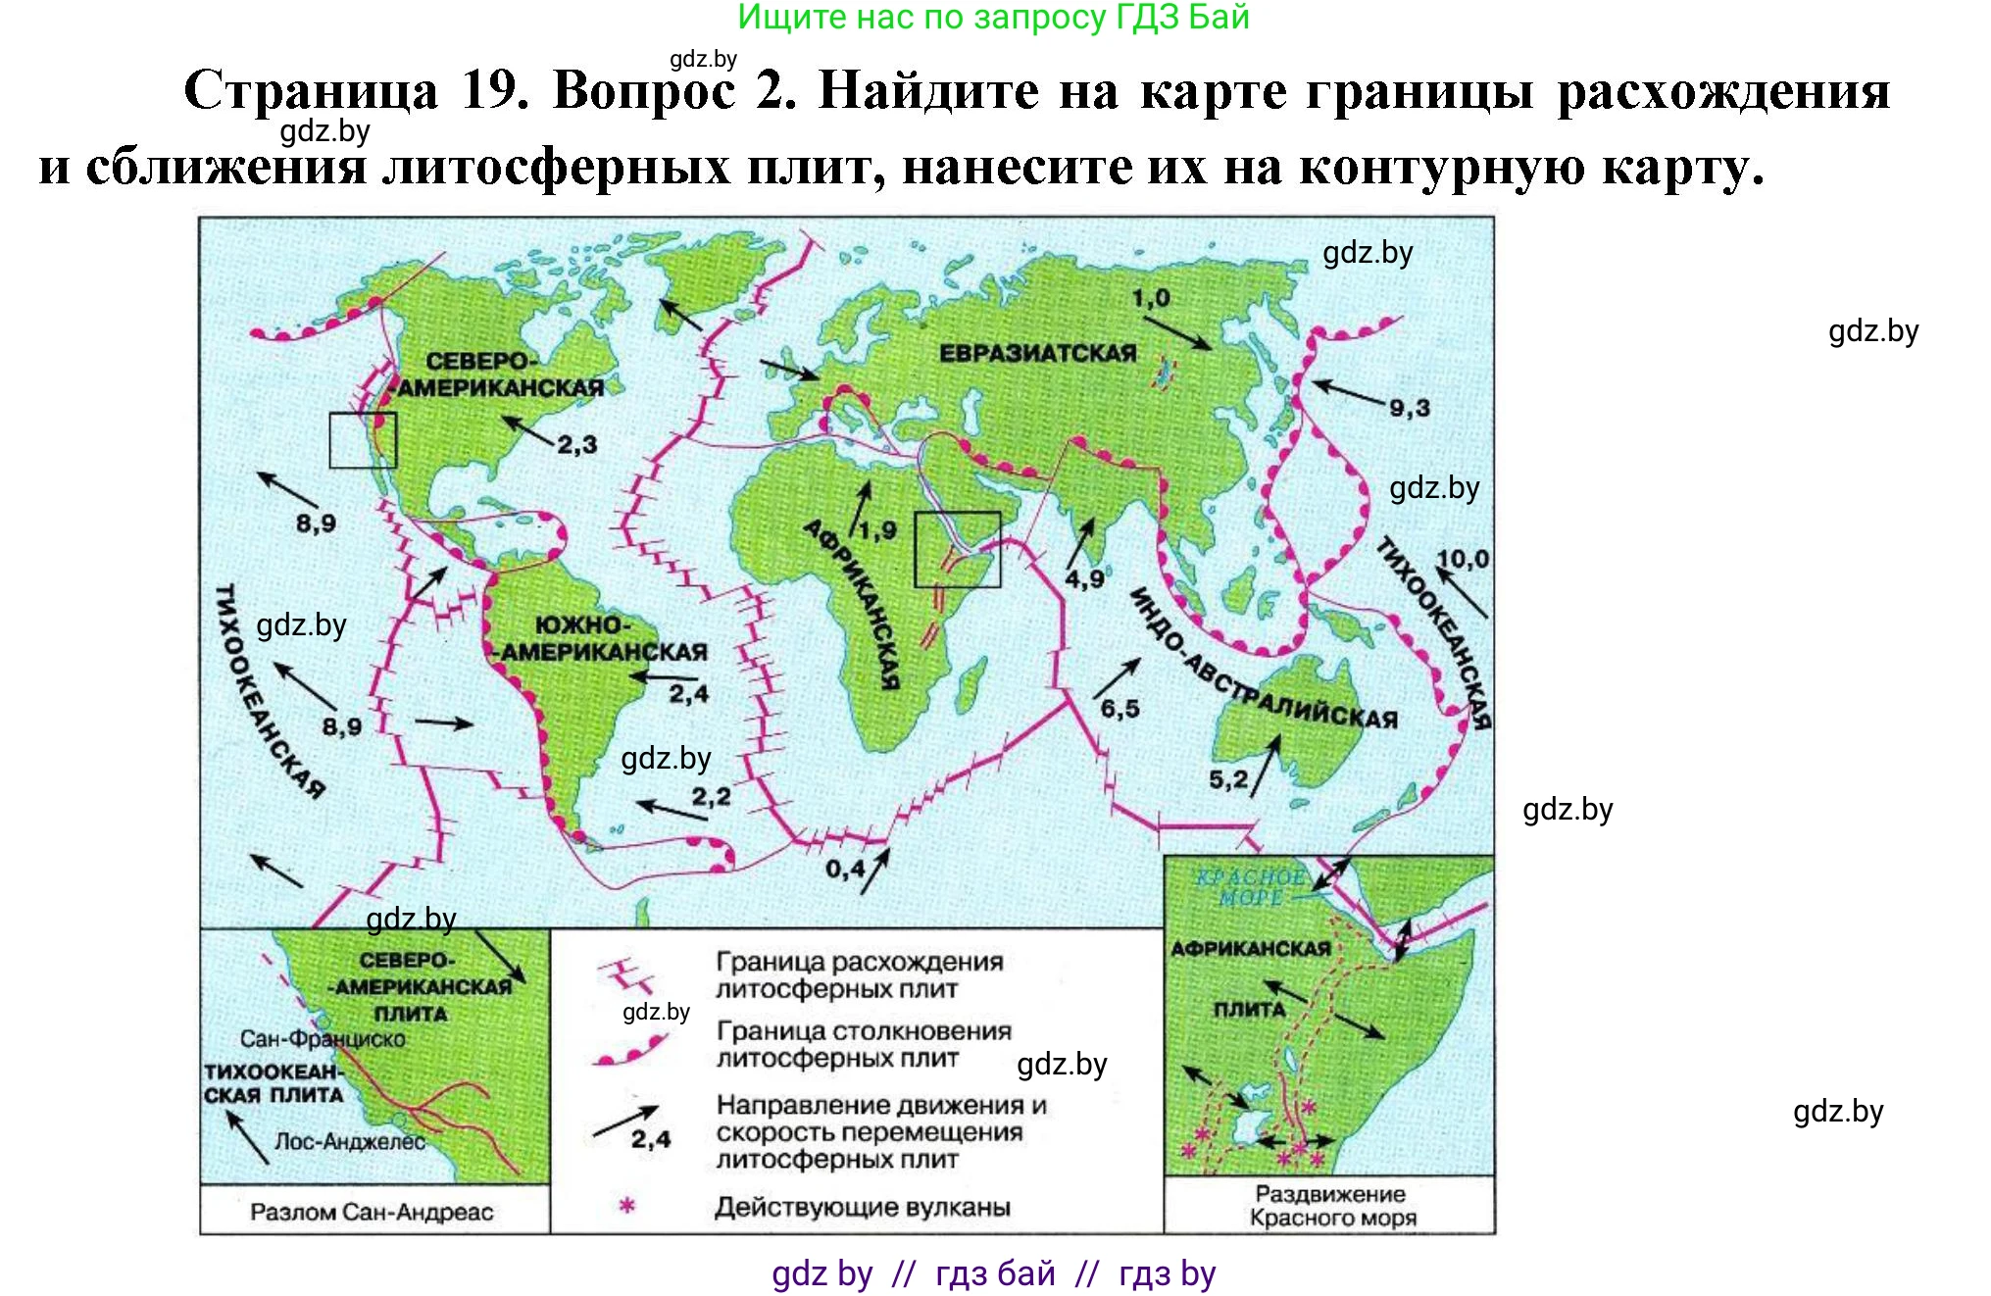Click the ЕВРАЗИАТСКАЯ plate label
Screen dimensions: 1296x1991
tap(1037, 353)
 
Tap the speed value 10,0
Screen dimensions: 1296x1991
tap(1462, 559)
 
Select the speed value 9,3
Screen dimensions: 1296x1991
tap(1409, 408)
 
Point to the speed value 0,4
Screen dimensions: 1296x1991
tap(844, 869)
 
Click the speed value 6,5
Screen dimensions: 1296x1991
tap(1120, 709)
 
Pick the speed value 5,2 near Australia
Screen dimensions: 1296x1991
tap(1227, 779)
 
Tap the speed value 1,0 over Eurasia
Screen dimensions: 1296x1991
tap(1151, 297)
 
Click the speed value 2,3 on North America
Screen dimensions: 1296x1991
tap(576, 445)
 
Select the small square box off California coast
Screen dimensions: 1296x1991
tap(363, 440)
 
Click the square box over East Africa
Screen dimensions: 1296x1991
tap(957, 549)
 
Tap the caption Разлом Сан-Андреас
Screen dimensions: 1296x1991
tap(372, 1212)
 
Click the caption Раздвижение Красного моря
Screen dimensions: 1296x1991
tap(1331, 1206)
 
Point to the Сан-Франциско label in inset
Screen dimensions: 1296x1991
tap(323, 1039)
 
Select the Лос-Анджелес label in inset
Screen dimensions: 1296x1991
tap(349, 1142)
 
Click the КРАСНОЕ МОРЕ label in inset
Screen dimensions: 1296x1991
tap(1250, 887)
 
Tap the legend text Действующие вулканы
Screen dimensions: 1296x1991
tap(862, 1207)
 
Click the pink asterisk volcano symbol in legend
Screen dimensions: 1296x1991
tap(627, 1206)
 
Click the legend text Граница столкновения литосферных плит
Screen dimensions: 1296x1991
tap(863, 1045)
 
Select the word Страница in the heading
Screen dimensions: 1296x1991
tap(311, 91)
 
